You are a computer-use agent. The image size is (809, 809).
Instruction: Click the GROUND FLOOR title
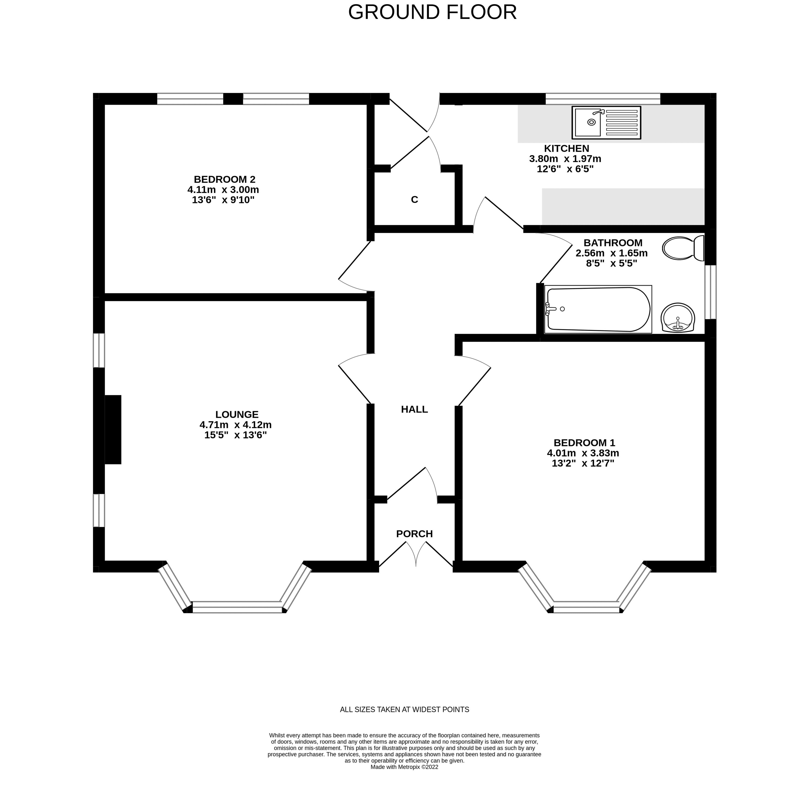point(432,12)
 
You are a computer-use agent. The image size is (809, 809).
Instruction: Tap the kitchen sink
point(606,123)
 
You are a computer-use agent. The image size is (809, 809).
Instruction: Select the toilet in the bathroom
point(683,248)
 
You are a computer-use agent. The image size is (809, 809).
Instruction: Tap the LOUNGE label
point(237,415)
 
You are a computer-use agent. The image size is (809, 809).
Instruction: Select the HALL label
point(414,409)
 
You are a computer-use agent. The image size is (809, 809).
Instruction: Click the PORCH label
point(414,534)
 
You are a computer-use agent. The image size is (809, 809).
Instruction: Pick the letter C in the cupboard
point(414,200)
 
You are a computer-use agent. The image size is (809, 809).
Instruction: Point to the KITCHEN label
point(566,148)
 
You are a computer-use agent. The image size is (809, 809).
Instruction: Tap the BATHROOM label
point(613,243)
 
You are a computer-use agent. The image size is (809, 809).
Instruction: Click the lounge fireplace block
point(113,430)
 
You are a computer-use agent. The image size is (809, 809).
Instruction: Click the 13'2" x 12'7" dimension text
point(583,463)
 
